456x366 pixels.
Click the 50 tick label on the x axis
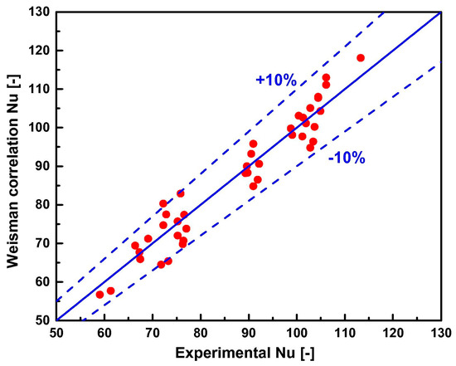point(56,334)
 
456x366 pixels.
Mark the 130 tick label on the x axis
point(439,334)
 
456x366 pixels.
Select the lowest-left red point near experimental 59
point(99,295)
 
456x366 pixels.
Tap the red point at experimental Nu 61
point(110,290)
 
